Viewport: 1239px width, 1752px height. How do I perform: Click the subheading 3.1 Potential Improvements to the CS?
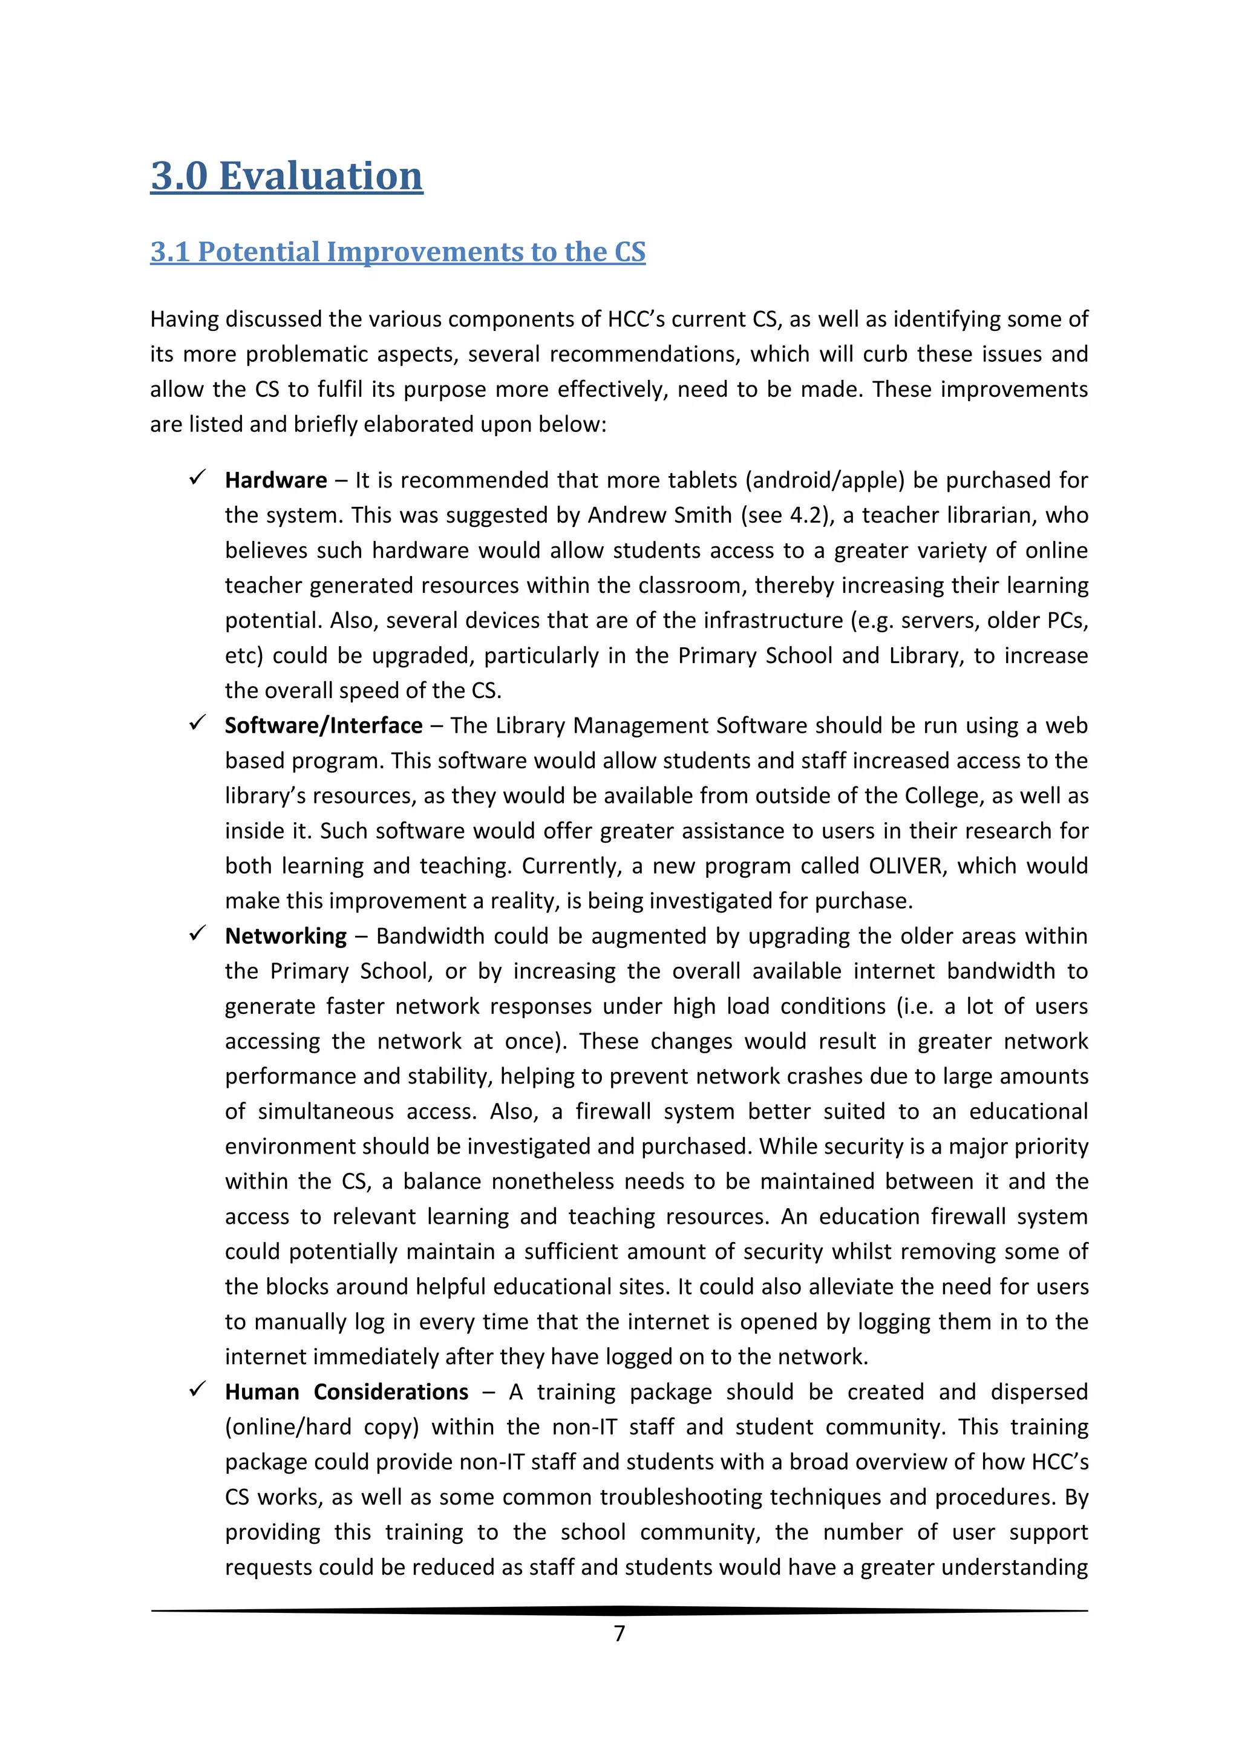tap(397, 252)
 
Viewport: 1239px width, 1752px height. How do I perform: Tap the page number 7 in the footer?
tap(619, 1633)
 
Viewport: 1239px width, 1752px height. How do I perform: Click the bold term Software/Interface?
tap(324, 726)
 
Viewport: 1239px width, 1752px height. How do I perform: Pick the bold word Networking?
tap(286, 936)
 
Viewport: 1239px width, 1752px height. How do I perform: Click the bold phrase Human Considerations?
tap(347, 1392)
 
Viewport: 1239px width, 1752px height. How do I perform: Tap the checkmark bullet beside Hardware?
tap(198, 478)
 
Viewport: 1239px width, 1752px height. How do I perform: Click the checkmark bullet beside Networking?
tap(198, 933)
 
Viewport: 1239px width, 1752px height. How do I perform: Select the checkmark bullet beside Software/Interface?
tap(198, 722)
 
